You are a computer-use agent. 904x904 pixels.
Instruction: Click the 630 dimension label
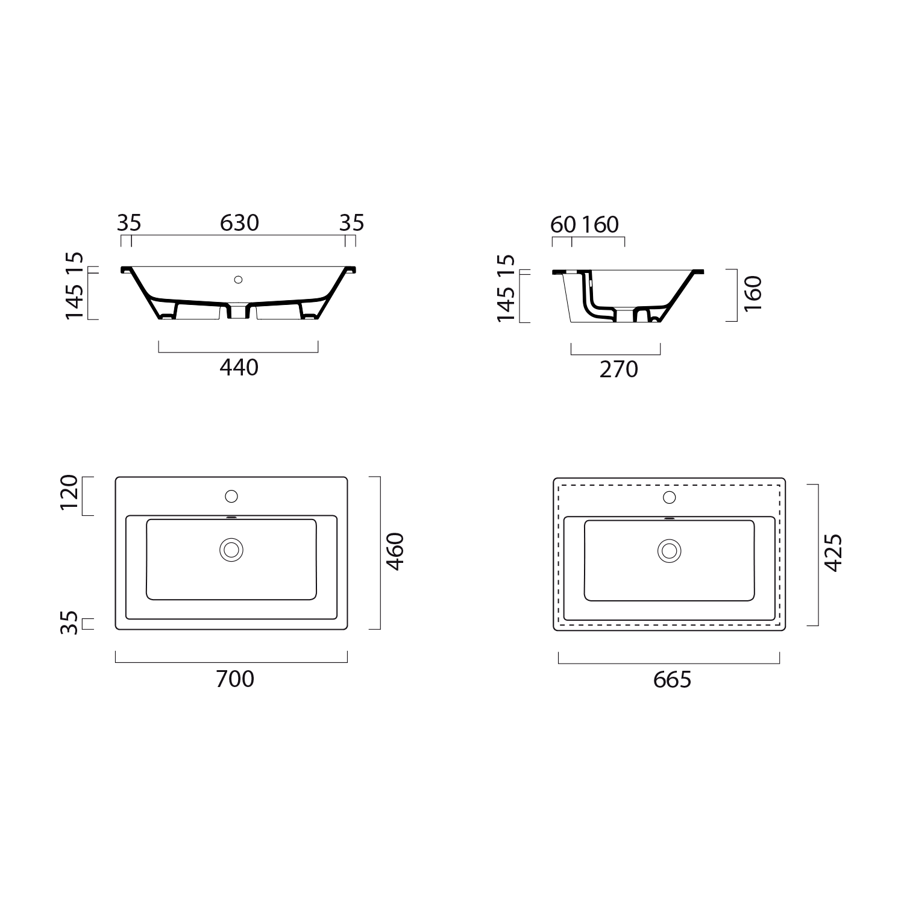pos(239,223)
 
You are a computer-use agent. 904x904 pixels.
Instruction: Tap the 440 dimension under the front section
pos(239,367)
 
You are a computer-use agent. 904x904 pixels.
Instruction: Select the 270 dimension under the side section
pos(619,369)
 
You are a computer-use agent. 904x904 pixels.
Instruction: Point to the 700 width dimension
pos(235,679)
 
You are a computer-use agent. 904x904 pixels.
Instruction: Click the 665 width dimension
pos(672,680)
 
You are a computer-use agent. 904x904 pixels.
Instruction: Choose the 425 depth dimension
pos(833,553)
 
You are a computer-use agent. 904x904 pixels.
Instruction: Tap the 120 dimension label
pos(69,492)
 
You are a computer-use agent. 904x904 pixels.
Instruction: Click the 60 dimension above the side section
pos(563,225)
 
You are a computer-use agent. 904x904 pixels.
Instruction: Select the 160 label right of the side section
pos(753,293)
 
